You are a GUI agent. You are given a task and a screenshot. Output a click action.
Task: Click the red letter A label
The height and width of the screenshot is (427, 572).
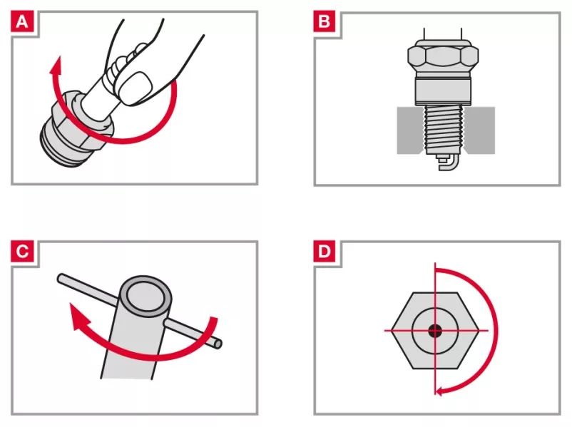22,22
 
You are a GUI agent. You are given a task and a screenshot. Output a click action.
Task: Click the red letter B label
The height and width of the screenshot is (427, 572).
325,21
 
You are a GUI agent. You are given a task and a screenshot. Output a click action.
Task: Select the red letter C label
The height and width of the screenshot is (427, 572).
22,251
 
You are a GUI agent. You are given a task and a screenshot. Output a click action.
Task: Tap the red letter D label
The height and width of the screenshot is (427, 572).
325,251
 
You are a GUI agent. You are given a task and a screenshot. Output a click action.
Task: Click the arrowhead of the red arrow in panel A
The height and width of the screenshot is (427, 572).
56,65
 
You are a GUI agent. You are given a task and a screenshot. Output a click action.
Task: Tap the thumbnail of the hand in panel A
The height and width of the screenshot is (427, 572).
135,88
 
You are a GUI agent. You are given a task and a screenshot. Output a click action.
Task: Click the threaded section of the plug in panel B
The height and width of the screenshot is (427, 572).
443,130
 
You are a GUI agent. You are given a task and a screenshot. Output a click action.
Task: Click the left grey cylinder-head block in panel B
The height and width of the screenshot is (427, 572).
410,130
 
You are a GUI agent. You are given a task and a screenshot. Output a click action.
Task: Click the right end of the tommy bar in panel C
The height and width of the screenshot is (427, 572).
218,344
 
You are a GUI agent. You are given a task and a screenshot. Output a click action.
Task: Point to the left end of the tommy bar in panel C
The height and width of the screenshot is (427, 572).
61,278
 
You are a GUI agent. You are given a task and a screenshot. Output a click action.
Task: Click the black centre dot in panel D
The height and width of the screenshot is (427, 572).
435,331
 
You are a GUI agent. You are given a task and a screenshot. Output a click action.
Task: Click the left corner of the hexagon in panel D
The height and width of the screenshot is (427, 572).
392,330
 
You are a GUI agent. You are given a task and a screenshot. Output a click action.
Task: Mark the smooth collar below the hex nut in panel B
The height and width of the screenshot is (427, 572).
443,91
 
